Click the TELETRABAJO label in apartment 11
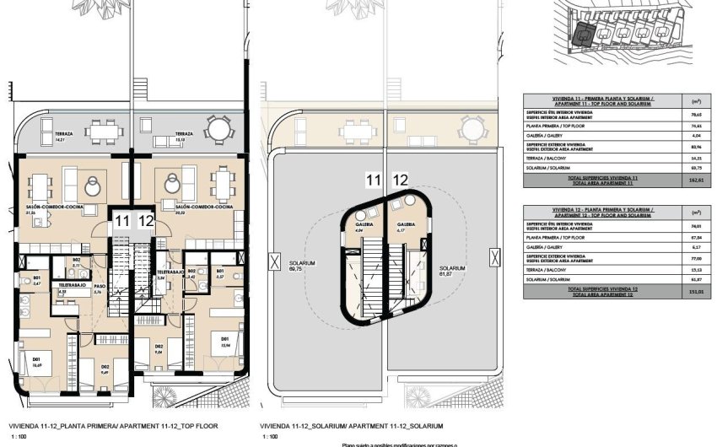tap(74, 288)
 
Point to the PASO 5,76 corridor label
tap(99, 289)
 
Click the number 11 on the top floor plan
tap(123, 221)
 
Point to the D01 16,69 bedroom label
tap(36, 363)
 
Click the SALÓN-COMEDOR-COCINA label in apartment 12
tap(199, 206)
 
